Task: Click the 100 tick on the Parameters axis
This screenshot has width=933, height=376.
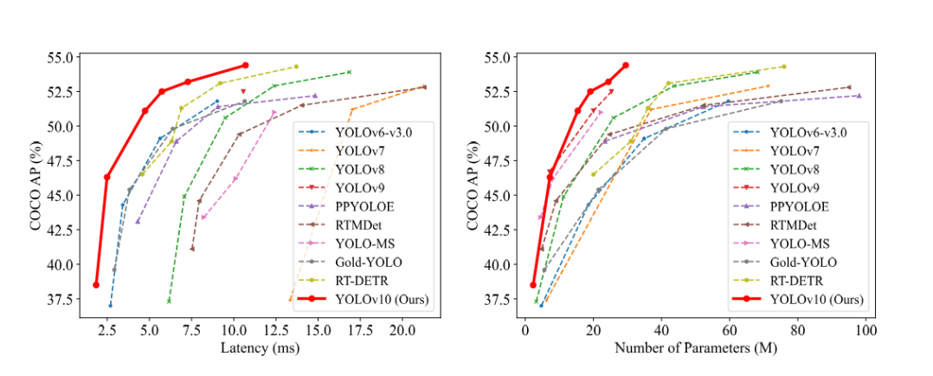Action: coord(865,331)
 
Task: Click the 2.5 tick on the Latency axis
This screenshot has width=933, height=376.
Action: coord(106,331)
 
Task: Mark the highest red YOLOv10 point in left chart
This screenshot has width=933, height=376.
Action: coord(245,65)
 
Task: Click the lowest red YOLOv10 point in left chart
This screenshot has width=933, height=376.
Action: coord(96,284)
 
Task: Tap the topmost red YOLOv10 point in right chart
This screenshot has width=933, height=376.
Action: coord(626,65)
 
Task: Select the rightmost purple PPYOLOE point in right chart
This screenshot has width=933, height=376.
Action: coord(859,95)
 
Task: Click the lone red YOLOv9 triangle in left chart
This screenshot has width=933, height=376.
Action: coord(243,91)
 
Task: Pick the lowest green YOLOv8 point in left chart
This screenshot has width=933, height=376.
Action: coord(169,301)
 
